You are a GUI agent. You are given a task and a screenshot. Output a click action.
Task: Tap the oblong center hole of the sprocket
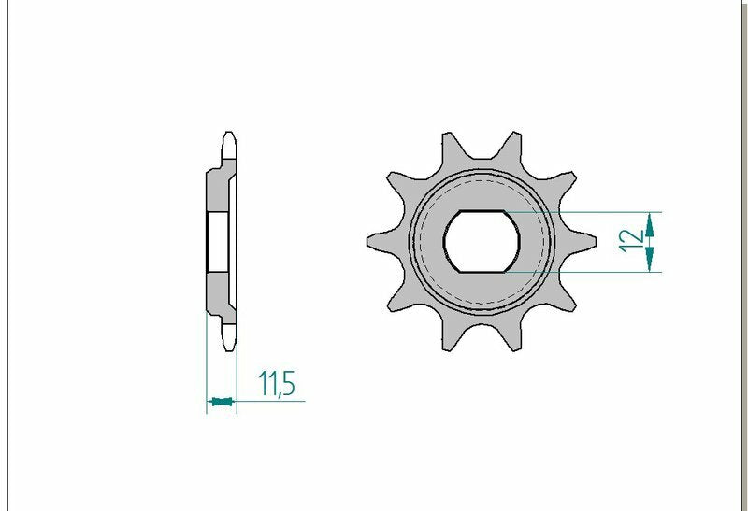click(482, 241)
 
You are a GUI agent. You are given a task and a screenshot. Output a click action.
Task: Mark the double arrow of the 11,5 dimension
click(222, 402)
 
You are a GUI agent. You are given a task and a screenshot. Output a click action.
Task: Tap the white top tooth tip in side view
click(227, 145)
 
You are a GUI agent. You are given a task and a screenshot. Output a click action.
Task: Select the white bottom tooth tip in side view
click(227, 338)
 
